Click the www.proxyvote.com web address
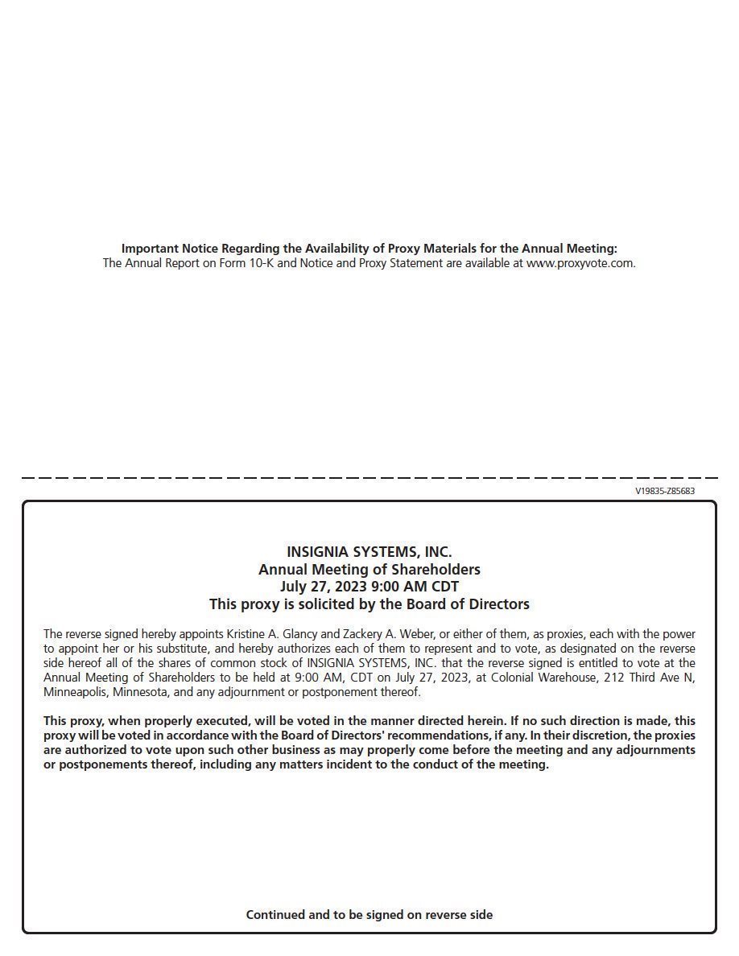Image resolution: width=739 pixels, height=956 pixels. click(x=580, y=263)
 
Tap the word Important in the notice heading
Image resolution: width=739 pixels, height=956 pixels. click(x=150, y=249)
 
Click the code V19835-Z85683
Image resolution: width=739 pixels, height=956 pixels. click(x=664, y=491)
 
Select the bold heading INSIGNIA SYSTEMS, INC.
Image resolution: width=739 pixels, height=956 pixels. click(x=369, y=552)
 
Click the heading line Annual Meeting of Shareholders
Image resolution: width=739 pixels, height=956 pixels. click(x=369, y=570)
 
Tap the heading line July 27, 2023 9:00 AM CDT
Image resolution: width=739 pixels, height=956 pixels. click(x=369, y=587)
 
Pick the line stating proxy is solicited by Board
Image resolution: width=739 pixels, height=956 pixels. click(x=369, y=604)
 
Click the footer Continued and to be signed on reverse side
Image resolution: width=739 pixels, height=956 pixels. click(x=369, y=915)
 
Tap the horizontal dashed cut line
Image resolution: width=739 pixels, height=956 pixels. click(x=369, y=478)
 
